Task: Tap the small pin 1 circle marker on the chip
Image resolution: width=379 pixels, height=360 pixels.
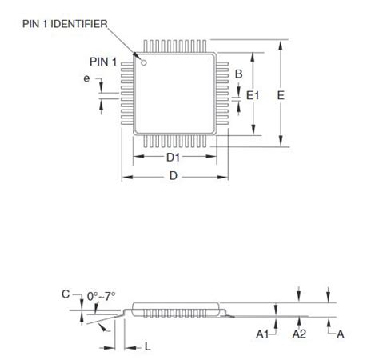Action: pos(145,61)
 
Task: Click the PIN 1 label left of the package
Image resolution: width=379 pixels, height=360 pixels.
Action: pos(103,61)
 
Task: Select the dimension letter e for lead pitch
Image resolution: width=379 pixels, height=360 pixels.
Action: pos(86,78)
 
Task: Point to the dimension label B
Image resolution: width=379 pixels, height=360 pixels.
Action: pos(238,74)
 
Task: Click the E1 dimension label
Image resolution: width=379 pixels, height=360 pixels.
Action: pos(253,94)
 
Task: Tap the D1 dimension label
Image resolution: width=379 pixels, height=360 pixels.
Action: pos(174,158)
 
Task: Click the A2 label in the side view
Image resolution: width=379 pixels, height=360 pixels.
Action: pos(299,334)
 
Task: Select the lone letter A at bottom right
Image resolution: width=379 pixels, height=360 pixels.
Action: pos(341,334)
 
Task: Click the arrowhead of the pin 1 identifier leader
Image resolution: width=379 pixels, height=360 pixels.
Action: pos(138,54)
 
